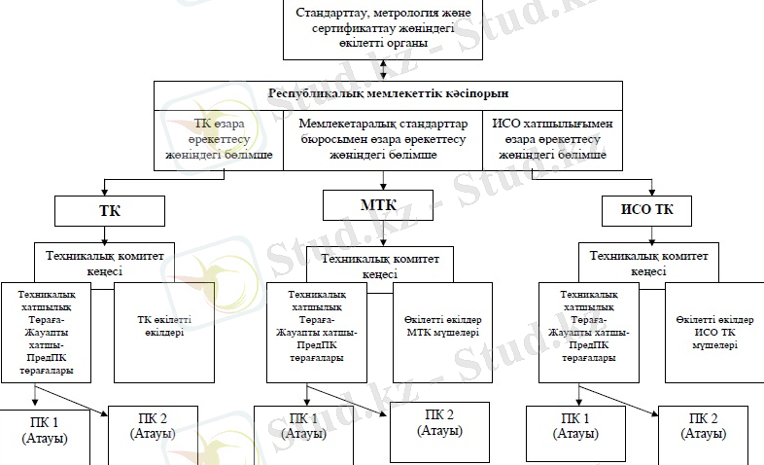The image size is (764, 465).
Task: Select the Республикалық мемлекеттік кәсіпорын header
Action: pyautogui.click(x=388, y=94)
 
